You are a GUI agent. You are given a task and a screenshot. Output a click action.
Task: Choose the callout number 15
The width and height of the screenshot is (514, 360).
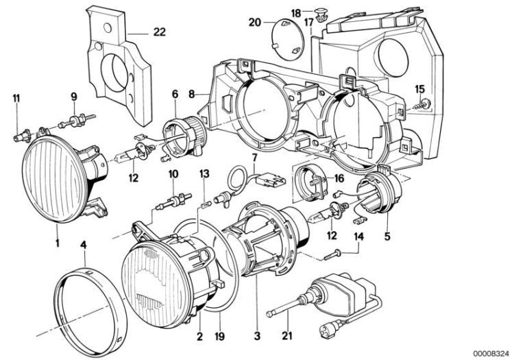[420, 88]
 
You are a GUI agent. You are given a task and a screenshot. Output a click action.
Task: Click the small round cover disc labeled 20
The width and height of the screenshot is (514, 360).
[286, 38]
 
